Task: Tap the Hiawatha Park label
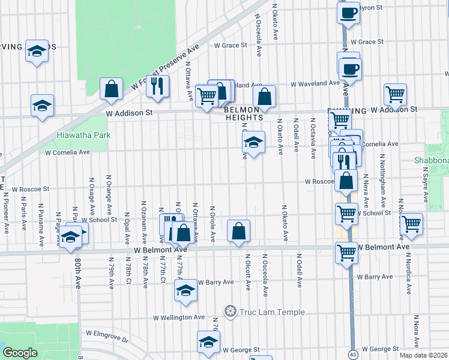(x=83, y=136)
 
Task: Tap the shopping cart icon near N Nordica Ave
(x=411, y=224)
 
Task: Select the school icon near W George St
(x=209, y=342)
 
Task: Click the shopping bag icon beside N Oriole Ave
(x=238, y=231)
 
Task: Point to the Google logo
(x=20, y=353)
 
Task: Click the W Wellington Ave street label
(x=179, y=317)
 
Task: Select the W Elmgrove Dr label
(x=107, y=335)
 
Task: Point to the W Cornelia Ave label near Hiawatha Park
(x=68, y=152)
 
